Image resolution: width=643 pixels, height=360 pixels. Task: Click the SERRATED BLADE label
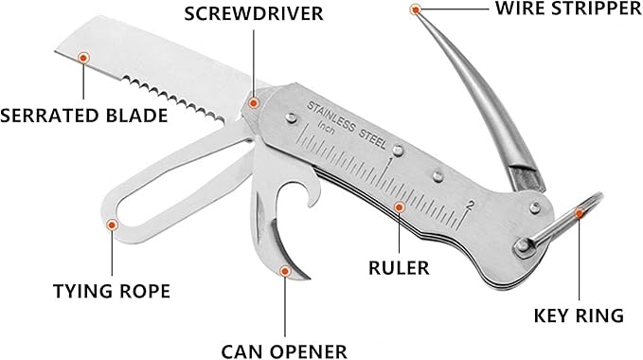point(85,117)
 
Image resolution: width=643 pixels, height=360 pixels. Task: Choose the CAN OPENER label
point(283,351)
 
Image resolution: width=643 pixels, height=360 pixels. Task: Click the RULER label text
point(399,267)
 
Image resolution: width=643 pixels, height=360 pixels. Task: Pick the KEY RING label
point(579,315)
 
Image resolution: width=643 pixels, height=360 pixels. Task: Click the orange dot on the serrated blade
point(84,59)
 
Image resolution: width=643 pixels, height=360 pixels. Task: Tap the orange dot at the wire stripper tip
point(416,9)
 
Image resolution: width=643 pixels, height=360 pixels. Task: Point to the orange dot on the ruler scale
point(400,206)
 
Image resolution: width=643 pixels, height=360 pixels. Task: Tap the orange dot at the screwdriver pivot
point(253,101)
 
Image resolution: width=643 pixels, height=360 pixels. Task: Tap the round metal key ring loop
point(563,228)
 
